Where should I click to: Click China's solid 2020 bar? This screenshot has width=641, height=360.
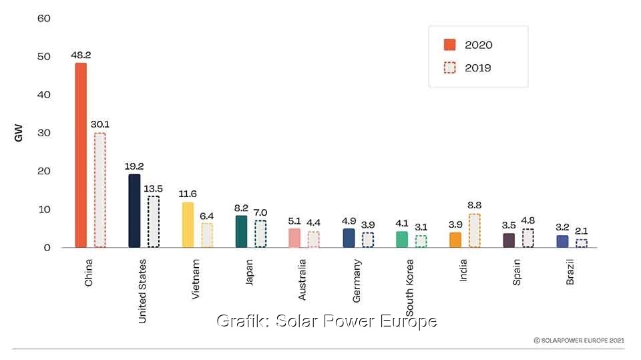pos(80,155)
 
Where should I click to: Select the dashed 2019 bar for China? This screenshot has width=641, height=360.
pos(99,190)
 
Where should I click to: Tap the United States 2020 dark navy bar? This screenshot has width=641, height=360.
pos(134,210)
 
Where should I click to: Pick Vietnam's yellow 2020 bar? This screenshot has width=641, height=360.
pos(188,225)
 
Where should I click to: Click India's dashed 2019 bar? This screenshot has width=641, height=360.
pos(474,230)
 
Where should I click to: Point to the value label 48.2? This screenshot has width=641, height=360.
pos(81,56)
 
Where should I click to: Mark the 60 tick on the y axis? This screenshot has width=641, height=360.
pos(44,18)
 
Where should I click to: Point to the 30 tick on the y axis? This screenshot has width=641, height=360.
pos(44,133)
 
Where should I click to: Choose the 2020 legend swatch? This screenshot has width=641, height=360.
pos(449,45)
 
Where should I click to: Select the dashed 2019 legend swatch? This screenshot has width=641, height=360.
pos(449,67)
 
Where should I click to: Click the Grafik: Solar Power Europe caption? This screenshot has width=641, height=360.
pos(327,321)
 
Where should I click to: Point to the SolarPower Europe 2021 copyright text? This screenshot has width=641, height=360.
pos(579,340)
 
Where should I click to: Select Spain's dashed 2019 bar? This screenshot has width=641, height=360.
pos(527,238)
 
